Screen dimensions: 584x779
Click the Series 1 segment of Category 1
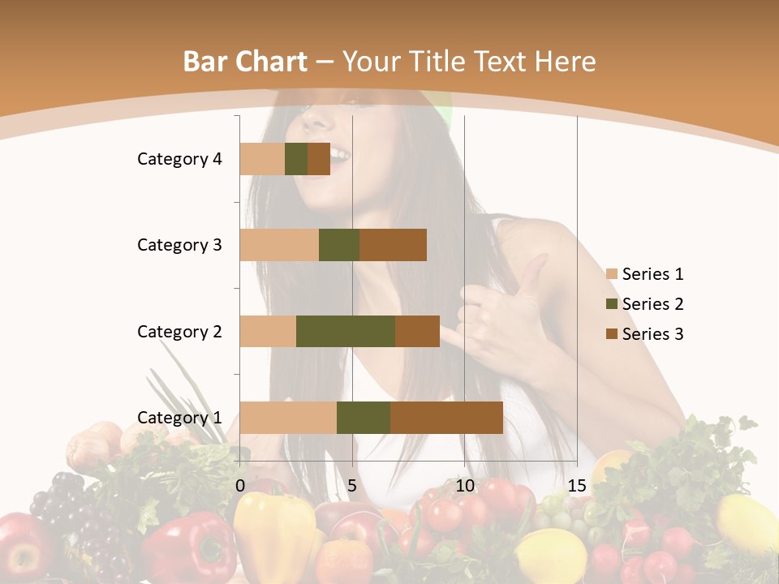pyautogui.click(x=288, y=418)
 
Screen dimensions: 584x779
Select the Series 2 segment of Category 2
pyautogui.click(x=346, y=331)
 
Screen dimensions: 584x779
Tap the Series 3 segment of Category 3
pyautogui.click(x=393, y=245)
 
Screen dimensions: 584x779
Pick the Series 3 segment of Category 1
pyautogui.click(x=446, y=418)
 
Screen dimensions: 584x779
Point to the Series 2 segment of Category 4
pyautogui.click(x=296, y=159)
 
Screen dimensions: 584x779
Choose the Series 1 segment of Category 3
pyautogui.click(x=279, y=245)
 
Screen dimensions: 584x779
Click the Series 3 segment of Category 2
pyautogui.click(x=417, y=331)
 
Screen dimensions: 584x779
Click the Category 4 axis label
pyautogui.click(x=179, y=159)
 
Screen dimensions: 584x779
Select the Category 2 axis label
pyautogui.click(x=179, y=331)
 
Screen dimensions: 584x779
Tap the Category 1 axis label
pyautogui.click(x=179, y=418)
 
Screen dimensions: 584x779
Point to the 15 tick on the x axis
pyautogui.click(x=576, y=486)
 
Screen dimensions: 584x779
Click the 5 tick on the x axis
pyautogui.click(x=351, y=486)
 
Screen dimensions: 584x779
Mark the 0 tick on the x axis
pyautogui.click(x=240, y=486)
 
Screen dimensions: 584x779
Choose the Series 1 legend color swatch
pyautogui.click(x=611, y=274)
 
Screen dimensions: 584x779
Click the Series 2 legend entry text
pyautogui.click(x=652, y=304)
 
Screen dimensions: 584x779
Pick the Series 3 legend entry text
pyautogui.click(x=652, y=334)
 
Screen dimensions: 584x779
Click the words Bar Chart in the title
pyautogui.click(x=245, y=62)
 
